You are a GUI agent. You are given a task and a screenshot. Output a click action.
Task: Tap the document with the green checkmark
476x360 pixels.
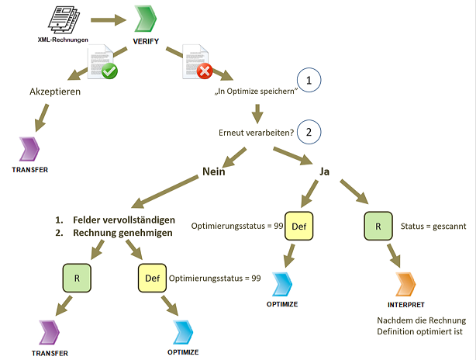[101, 63]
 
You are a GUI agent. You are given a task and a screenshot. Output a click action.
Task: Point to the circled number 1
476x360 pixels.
[309, 81]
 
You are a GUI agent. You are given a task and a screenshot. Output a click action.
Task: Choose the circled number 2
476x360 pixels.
[309, 131]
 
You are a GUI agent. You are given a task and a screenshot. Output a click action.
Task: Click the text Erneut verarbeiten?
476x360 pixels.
[256, 132]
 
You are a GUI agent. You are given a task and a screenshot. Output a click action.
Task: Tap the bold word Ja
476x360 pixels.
[325, 172]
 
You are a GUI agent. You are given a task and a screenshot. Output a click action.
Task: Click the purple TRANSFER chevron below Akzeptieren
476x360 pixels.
[32, 147]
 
